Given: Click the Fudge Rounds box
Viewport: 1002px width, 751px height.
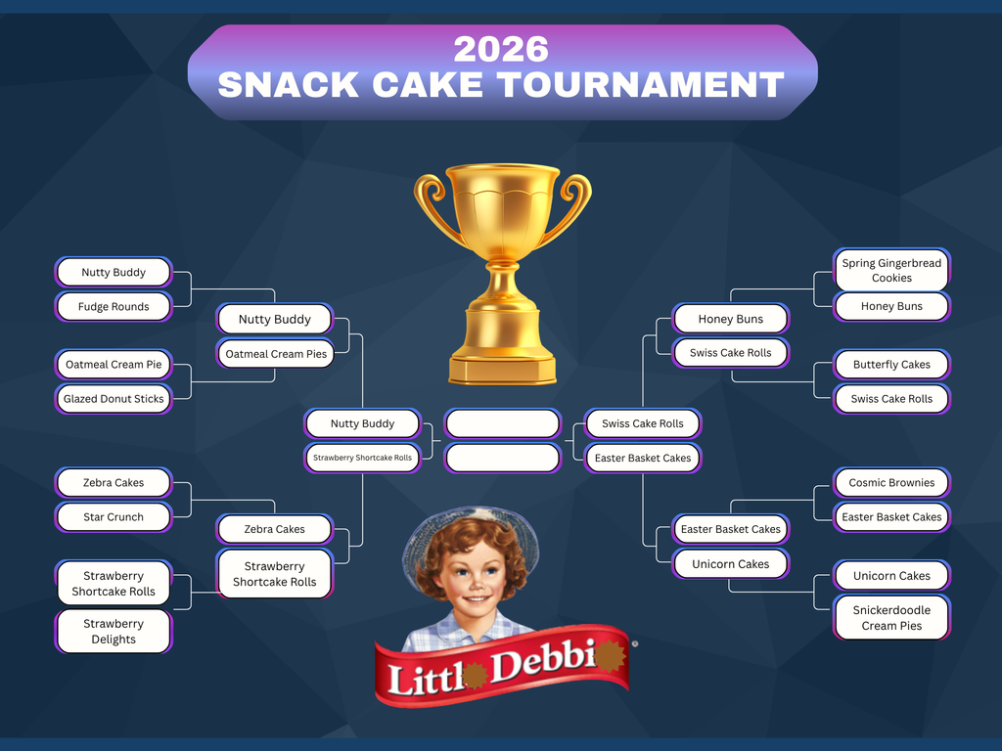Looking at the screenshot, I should pyautogui.click(x=114, y=306).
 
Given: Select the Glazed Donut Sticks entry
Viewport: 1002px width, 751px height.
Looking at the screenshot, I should pyautogui.click(x=114, y=398).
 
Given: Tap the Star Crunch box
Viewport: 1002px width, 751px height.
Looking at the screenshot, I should pyautogui.click(x=114, y=516).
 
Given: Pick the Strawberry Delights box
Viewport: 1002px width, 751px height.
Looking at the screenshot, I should pyautogui.click(x=114, y=631).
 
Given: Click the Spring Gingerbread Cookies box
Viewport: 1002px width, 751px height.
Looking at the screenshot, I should pyautogui.click(x=891, y=270).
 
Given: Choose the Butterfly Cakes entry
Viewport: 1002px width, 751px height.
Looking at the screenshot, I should pyautogui.click(x=891, y=364).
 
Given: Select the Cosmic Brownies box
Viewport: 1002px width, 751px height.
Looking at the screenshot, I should pyautogui.click(x=891, y=482).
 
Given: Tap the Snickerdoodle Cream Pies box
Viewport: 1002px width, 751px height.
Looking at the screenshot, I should pyautogui.click(x=891, y=617).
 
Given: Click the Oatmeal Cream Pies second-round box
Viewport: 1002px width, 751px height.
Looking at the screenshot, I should pyautogui.click(x=275, y=353).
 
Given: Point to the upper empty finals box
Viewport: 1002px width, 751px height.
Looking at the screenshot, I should pyautogui.click(x=502, y=423).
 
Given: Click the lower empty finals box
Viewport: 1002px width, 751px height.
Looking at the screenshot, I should pyautogui.click(x=502, y=457).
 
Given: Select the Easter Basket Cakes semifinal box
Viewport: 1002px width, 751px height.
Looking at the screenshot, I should pyautogui.click(x=643, y=458).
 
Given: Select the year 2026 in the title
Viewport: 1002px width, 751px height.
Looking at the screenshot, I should pyautogui.click(x=501, y=49).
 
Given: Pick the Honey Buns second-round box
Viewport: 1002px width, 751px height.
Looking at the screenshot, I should pyautogui.click(x=730, y=319).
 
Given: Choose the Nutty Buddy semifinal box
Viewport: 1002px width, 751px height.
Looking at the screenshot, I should pyautogui.click(x=362, y=423).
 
